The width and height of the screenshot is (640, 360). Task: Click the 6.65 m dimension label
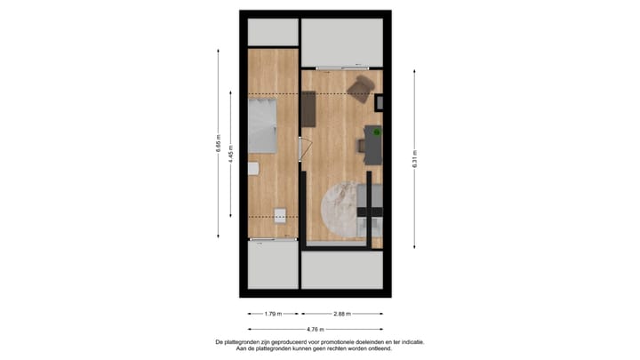click(x=219, y=144)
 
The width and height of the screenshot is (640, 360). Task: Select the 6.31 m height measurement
click(x=414, y=161)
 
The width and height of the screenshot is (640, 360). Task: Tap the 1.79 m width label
click(x=273, y=313)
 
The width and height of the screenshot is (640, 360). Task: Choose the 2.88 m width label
click(x=341, y=313)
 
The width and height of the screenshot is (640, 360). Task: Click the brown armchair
click(x=361, y=87)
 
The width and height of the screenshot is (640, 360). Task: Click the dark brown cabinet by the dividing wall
click(x=309, y=110)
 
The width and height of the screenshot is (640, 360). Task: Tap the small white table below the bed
click(x=253, y=168)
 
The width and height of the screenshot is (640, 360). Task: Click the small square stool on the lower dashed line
click(x=281, y=215)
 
